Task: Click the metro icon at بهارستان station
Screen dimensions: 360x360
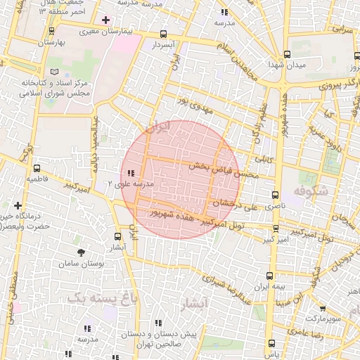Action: pos(52,31)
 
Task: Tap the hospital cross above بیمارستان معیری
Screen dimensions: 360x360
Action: pos(105,20)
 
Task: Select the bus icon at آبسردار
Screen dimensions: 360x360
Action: pos(163,34)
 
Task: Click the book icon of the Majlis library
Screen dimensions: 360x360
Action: pos(56,72)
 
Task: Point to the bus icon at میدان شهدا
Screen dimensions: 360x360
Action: pos(287,54)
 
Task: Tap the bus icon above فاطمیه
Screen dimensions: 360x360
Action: pos(37,168)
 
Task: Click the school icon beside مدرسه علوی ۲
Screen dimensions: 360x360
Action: pos(131,173)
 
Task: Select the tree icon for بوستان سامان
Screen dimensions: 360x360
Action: pos(82,251)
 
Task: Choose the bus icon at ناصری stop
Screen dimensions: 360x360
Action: pos(276,195)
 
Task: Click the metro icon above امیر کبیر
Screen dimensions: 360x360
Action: pos(276,229)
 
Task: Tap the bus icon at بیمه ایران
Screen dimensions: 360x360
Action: pos(270,276)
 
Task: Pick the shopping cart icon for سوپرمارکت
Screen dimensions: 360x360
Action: pos(322,308)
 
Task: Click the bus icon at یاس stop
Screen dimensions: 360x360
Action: pos(272,343)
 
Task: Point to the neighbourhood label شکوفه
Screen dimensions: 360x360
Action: pos(311,192)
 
